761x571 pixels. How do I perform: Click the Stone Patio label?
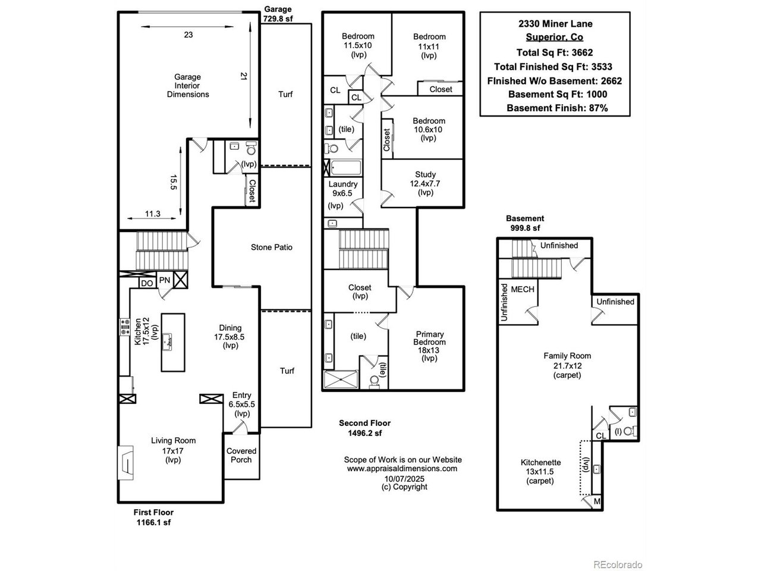point(271,247)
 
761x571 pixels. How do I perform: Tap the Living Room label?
point(173,441)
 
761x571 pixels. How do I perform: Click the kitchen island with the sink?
point(173,343)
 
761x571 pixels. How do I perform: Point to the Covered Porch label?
point(241,455)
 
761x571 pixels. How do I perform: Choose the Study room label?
point(426,175)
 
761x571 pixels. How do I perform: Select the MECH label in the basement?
point(523,290)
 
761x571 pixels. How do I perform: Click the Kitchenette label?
point(540,462)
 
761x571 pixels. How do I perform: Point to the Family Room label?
point(567,356)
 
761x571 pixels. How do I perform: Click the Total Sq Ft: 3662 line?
point(555,52)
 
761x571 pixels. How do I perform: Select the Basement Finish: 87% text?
point(556,108)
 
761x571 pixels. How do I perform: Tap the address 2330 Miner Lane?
point(555,24)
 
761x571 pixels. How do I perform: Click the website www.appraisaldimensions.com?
point(402,468)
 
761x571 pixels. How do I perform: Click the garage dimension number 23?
point(188,35)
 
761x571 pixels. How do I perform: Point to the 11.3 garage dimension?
point(153,214)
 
